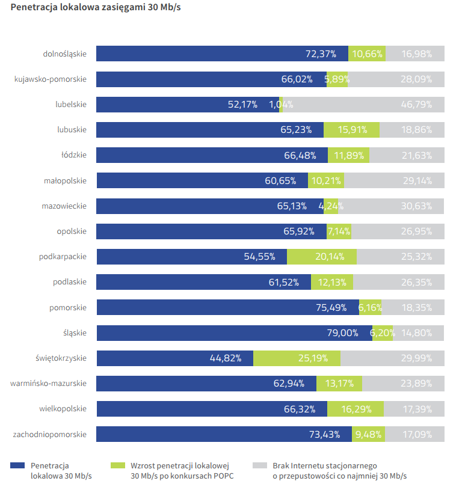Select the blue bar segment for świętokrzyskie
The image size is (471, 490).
pos(150,358)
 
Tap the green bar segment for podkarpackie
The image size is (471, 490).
pos(321,257)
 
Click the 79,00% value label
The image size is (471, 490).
pos(342,333)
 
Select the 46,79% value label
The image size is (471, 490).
pos(416,105)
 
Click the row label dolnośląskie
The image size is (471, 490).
pos(65,54)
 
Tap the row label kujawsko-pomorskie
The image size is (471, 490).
pos(51,79)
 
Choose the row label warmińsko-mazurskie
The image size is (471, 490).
pos(49,384)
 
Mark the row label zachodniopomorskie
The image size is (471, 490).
pos(50,434)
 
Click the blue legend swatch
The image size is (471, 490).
pos(18,465)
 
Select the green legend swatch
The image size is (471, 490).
pos(118,465)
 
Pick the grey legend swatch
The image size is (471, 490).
pos(259,465)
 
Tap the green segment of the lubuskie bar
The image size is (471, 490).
pos(351,130)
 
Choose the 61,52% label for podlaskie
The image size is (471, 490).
pos(283,282)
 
